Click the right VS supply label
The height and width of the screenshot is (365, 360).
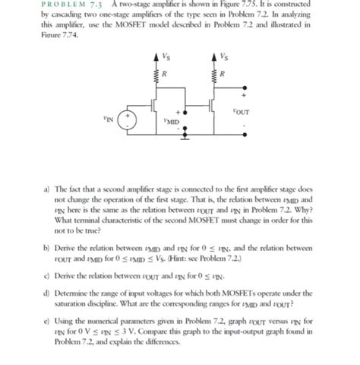click(x=223, y=56)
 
